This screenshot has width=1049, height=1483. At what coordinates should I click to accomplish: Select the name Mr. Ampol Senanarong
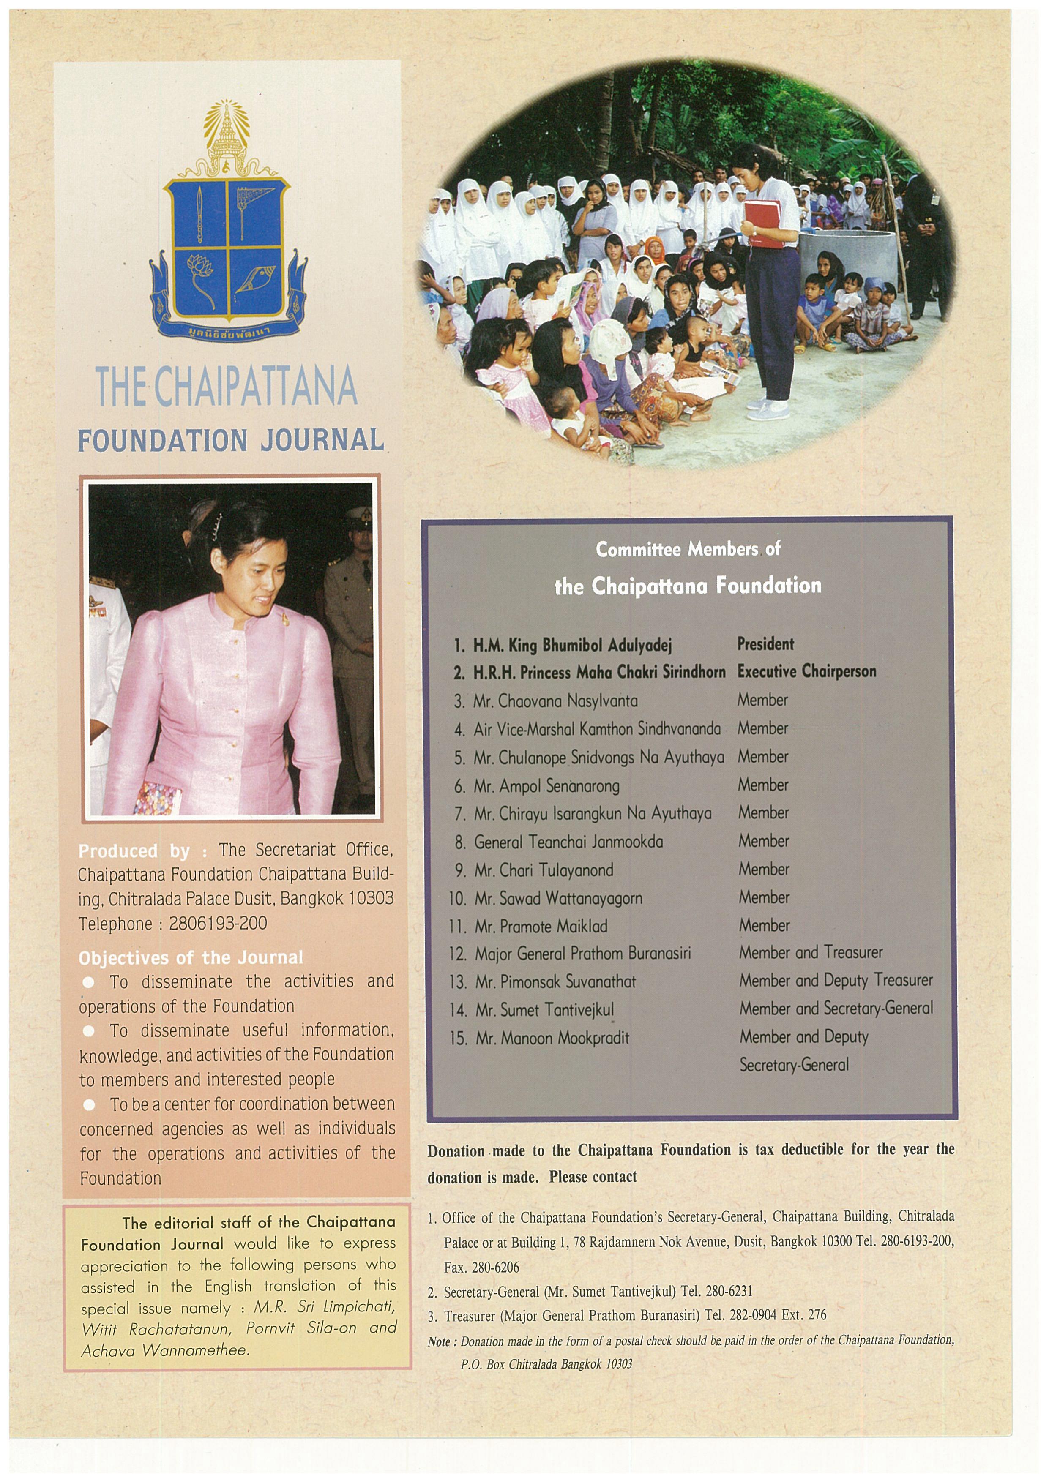pos(546,786)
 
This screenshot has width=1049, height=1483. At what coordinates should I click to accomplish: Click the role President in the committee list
pos(765,644)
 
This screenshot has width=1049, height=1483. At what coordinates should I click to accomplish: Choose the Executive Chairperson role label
pos(807,672)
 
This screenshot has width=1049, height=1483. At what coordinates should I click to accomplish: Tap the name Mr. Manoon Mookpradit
pos(552,1038)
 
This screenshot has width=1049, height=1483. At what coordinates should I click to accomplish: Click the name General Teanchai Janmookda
pos(568,842)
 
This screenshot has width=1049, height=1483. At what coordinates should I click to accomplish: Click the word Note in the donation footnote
pos(439,1342)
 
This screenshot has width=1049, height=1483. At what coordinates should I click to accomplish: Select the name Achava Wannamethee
pos(165,1351)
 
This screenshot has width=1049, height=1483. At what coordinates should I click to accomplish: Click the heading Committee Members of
pos(688,550)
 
